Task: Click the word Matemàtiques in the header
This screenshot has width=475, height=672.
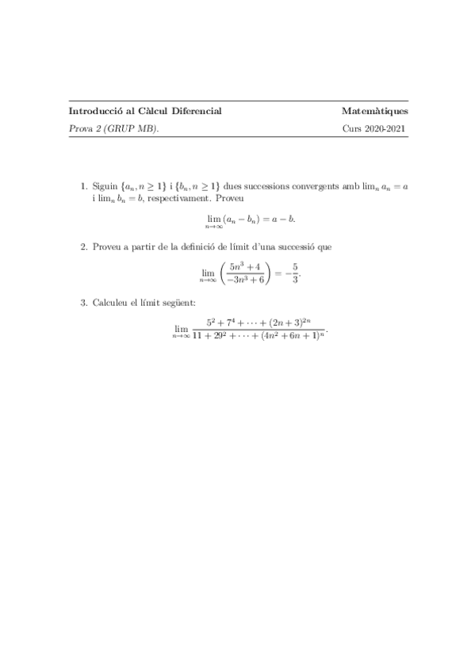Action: [x=375, y=111]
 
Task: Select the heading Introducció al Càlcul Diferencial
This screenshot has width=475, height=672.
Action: [x=145, y=111]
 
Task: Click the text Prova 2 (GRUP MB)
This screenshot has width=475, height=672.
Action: [x=113, y=128]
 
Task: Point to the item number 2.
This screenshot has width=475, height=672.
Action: [x=84, y=247]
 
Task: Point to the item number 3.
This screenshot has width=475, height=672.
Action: [x=84, y=303]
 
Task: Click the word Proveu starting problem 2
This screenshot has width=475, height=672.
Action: [x=106, y=247]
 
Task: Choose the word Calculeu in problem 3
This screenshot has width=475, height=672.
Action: [x=112, y=303]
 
